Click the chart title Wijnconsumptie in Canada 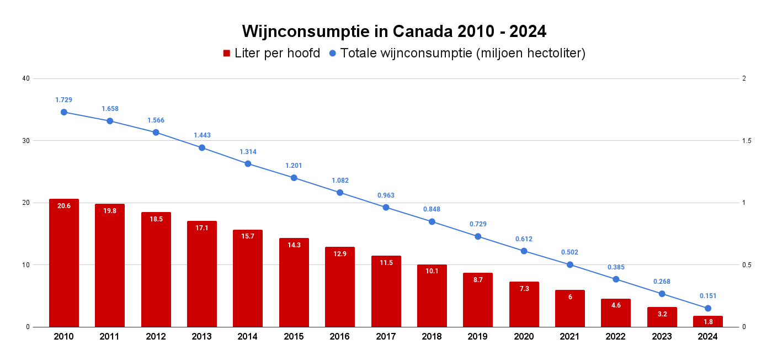394,31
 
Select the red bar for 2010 64,263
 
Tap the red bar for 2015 294,282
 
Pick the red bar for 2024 708,321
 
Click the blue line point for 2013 202,147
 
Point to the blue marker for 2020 524,251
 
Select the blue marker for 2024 708,308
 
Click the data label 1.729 64,100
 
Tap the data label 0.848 432,209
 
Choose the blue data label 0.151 708,296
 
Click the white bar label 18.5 156,219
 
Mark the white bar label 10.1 432,271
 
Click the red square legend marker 226,53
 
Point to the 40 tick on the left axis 26,78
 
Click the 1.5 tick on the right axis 747,141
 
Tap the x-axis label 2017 386,336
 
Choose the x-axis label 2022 616,336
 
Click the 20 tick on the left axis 26,203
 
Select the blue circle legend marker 332,53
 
